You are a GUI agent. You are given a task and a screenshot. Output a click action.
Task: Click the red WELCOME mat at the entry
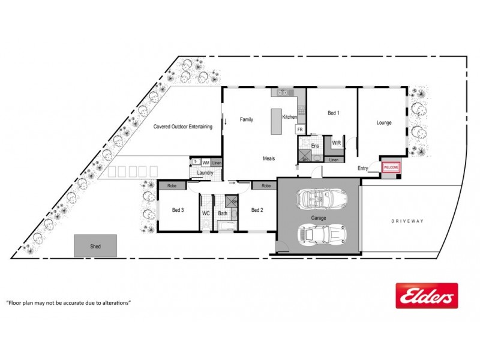pos(391,167)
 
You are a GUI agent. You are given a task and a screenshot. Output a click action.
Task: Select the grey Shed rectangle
pos(95,245)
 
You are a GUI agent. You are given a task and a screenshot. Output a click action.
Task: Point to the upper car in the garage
pos(319,199)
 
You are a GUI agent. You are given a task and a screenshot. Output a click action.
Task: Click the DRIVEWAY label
pos(407,221)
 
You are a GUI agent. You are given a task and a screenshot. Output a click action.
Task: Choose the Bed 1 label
pos(334,113)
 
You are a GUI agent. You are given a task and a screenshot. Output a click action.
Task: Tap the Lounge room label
pos(384,123)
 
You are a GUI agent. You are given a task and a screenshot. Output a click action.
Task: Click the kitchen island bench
pos(277,122)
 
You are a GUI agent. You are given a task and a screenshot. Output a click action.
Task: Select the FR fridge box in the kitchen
pos(299,129)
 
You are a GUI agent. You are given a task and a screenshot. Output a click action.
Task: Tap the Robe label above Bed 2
pos(266,186)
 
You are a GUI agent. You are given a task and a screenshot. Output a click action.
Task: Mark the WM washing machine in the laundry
pos(205,163)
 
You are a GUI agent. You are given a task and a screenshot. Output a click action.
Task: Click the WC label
pos(205,213)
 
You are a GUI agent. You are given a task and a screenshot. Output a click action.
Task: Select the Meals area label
pos(269,158)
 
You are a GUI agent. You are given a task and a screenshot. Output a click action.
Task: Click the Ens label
pos(314,146)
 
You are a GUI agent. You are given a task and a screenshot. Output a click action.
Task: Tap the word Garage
pos(318,218)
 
